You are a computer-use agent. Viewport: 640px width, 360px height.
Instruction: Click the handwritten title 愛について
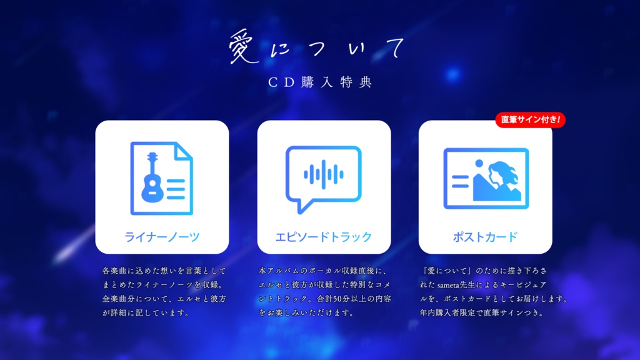click(317, 47)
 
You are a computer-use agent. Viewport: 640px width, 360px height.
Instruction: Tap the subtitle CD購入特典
click(320, 82)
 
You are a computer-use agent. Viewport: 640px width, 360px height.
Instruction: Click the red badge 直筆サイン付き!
click(530, 119)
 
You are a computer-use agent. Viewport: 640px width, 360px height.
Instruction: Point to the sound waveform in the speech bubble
click(324, 174)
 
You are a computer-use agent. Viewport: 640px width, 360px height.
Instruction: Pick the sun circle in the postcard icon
click(479, 163)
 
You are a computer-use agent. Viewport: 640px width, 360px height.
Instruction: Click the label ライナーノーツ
click(162, 237)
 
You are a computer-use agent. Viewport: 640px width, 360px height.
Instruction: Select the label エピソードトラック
click(324, 237)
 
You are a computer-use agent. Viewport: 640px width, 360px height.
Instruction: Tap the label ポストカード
click(485, 237)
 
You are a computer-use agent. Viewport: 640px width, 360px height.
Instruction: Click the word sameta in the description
click(449, 285)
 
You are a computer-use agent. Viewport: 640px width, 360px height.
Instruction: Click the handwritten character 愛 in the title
click(243, 47)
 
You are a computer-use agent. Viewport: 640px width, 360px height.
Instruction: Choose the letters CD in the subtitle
click(281, 82)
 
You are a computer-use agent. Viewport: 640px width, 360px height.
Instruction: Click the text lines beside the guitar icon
click(176, 189)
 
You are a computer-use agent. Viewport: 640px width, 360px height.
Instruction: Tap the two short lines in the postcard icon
click(460, 181)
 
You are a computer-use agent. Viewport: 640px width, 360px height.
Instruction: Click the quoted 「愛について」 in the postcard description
click(446, 271)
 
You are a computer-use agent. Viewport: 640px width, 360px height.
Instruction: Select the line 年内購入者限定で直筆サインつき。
click(482, 313)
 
